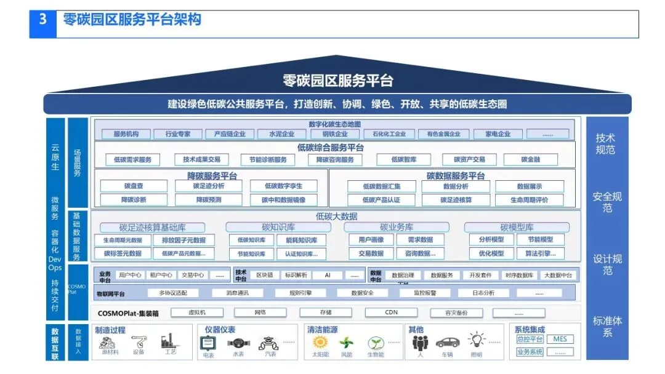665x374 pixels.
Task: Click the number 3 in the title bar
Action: click(x=43, y=20)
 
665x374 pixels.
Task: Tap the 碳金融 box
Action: click(x=531, y=159)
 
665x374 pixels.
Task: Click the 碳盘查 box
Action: click(x=133, y=186)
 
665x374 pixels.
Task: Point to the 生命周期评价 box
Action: click(x=529, y=199)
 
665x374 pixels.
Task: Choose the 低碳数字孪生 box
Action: click(x=283, y=186)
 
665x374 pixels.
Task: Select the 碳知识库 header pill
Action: click(x=278, y=227)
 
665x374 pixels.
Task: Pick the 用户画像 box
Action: click(x=367, y=240)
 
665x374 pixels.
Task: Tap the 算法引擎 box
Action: click(x=540, y=253)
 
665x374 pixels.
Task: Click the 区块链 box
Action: click(x=265, y=275)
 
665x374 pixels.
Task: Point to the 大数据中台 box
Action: click(x=558, y=275)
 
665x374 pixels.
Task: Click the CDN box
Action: click(x=392, y=312)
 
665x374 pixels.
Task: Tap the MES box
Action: click(x=560, y=339)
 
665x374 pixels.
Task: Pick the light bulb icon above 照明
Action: click(x=476, y=340)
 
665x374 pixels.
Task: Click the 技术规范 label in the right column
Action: click(x=605, y=143)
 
